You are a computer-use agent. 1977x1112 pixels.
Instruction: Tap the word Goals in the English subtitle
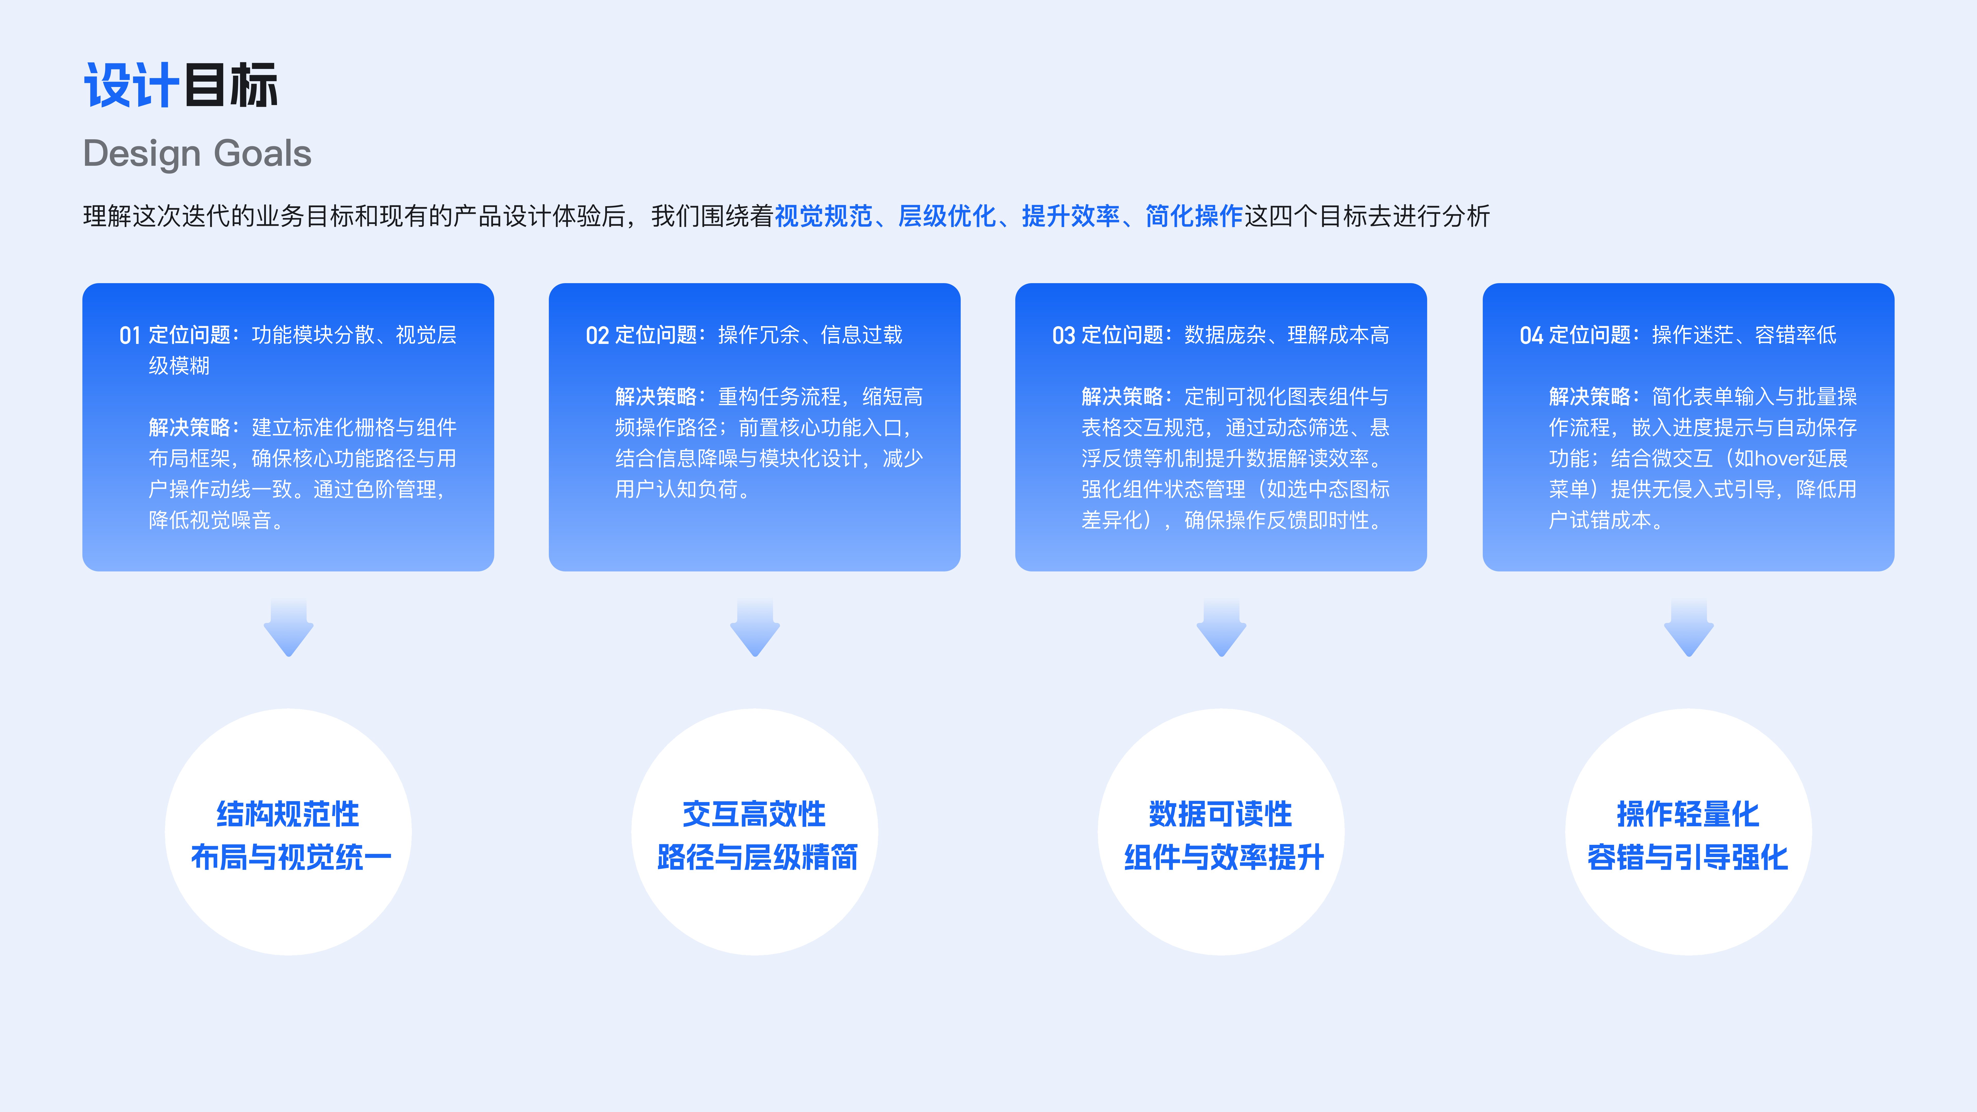(x=263, y=153)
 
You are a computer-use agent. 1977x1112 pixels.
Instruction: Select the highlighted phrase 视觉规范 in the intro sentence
(x=823, y=216)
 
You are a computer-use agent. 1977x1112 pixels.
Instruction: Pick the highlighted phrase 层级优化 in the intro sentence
(x=947, y=216)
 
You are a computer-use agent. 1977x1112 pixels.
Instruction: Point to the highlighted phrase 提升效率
(x=1071, y=216)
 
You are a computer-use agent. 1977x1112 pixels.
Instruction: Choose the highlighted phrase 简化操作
(x=1193, y=216)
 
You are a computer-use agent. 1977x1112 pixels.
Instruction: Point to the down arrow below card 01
(x=289, y=628)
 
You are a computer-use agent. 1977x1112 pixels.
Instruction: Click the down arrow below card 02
(x=755, y=628)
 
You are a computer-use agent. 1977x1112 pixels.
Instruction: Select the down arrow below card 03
(x=1221, y=628)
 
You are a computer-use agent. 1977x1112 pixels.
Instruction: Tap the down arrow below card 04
(x=1688, y=628)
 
